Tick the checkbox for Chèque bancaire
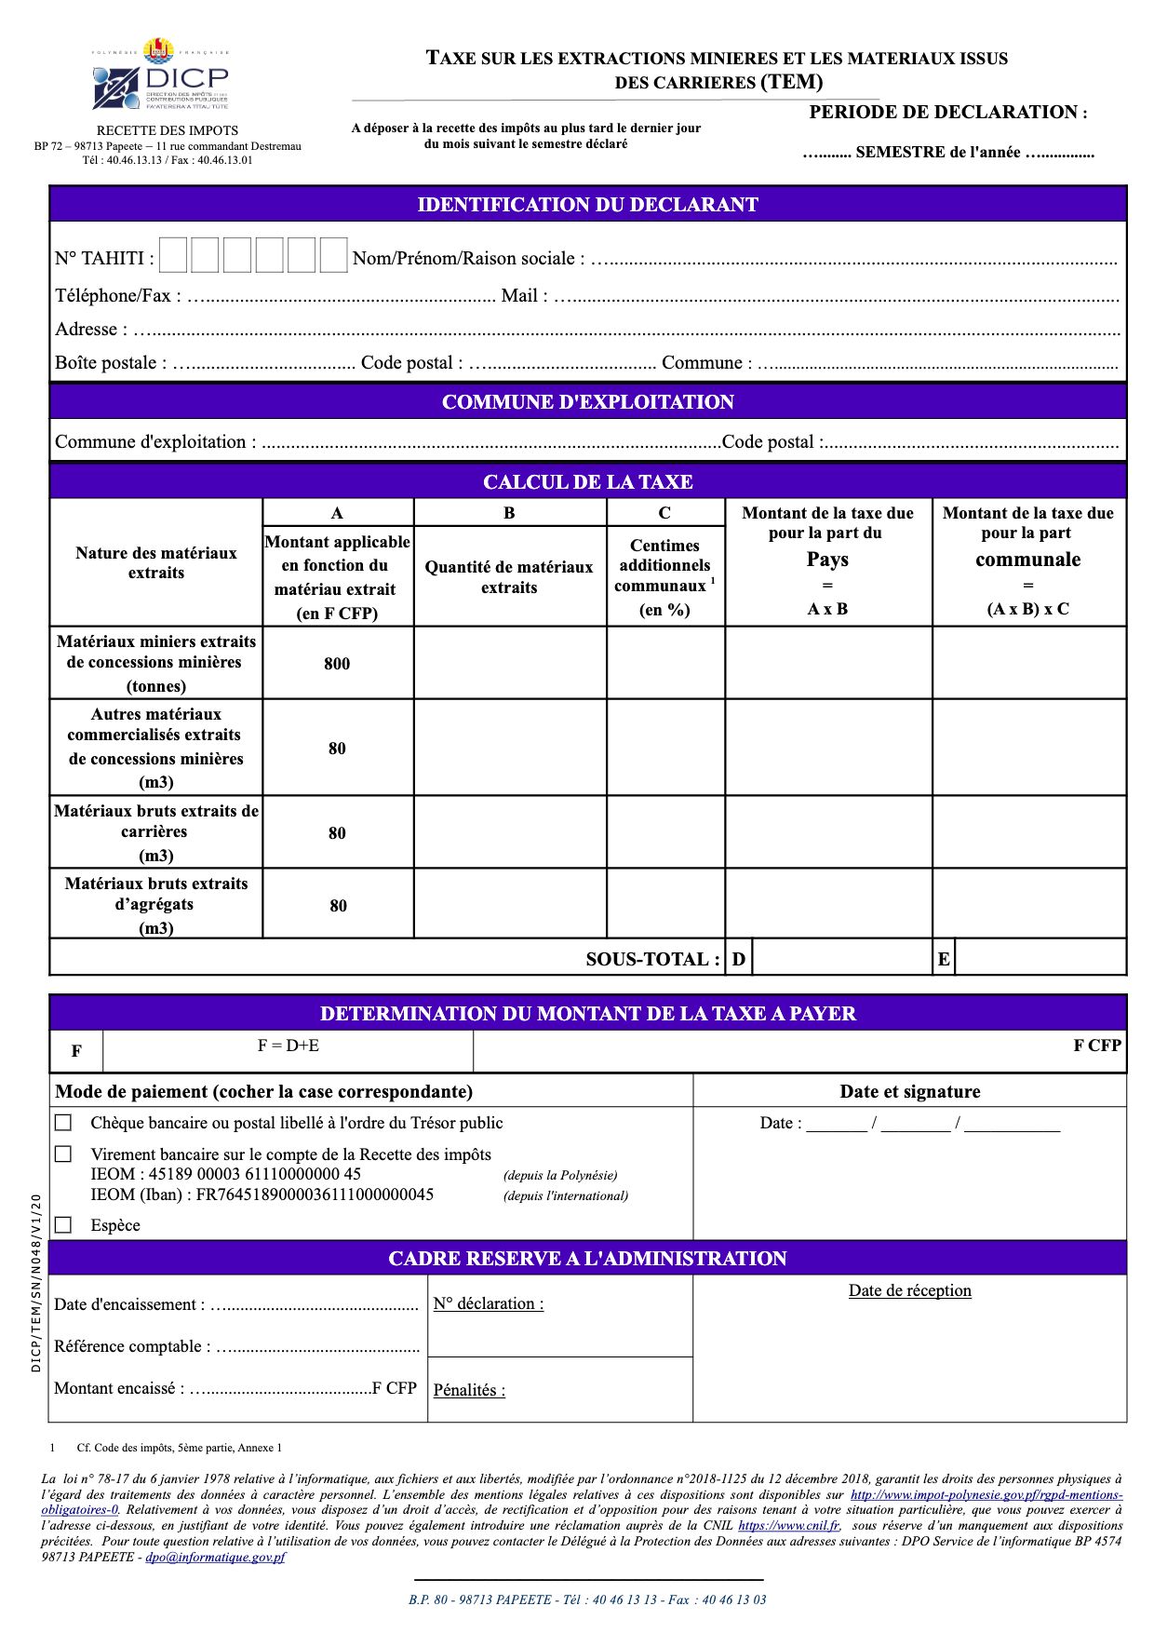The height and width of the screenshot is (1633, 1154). coord(63,1123)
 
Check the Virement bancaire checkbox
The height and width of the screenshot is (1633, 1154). coord(63,1154)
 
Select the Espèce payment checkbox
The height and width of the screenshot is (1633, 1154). coord(63,1225)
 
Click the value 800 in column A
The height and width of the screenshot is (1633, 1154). coord(337,664)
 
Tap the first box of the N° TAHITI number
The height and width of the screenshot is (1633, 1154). coord(173,255)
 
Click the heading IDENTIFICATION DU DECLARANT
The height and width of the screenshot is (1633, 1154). coord(587,205)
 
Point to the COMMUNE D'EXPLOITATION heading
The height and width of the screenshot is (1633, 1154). coord(587,402)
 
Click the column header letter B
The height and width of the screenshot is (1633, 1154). coord(509,513)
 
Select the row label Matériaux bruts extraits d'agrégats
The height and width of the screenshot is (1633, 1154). coord(156,904)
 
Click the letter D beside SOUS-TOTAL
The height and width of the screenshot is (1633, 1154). coord(739,959)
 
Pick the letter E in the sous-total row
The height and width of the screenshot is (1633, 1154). coord(944,959)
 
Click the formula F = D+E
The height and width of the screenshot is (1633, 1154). coord(288,1046)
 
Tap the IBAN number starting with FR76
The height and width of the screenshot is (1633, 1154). coord(315,1194)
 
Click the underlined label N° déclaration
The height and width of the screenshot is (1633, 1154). coord(489,1303)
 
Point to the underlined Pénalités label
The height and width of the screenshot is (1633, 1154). coord(469,1390)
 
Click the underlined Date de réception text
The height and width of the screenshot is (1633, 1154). coord(909,1290)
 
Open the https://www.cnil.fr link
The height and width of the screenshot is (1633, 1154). coord(788,1526)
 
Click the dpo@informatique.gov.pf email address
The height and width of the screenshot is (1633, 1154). coord(215,1557)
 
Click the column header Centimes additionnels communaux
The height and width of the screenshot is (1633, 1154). coord(664,565)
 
